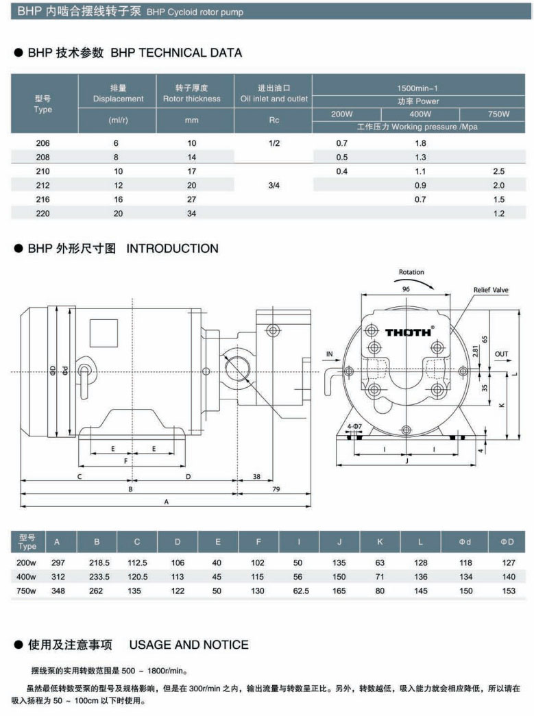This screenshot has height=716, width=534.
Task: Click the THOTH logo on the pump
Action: (x=409, y=332)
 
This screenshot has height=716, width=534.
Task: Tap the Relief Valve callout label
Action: (x=491, y=290)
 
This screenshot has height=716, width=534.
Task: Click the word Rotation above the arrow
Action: (x=411, y=272)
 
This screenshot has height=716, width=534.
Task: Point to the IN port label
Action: (x=330, y=354)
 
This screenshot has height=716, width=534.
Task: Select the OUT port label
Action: (x=502, y=354)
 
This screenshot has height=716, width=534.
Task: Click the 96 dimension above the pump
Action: (x=406, y=289)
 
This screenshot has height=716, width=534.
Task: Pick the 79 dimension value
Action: (x=276, y=489)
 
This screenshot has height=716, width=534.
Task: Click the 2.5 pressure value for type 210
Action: (x=498, y=171)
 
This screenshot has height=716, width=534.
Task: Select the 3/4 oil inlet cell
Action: (x=274, y=185)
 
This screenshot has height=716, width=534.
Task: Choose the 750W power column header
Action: (x=498, y=114)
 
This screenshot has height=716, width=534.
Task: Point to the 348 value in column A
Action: (x=57, y=591)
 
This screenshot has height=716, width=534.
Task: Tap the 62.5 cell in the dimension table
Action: (x=300, y=591)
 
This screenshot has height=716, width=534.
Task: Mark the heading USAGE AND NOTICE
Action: (x=189, y=644)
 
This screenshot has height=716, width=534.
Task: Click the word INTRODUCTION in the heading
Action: (x=172, y=249)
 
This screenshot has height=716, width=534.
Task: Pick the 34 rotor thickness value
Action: (x=191, y=213)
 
